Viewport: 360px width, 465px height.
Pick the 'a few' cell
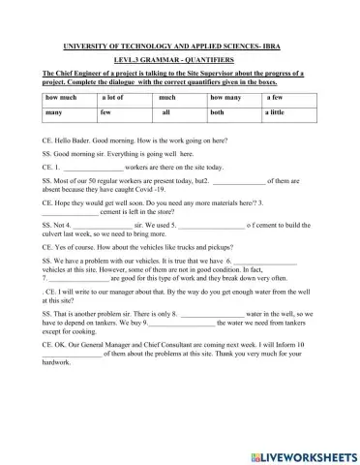(275, 125)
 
